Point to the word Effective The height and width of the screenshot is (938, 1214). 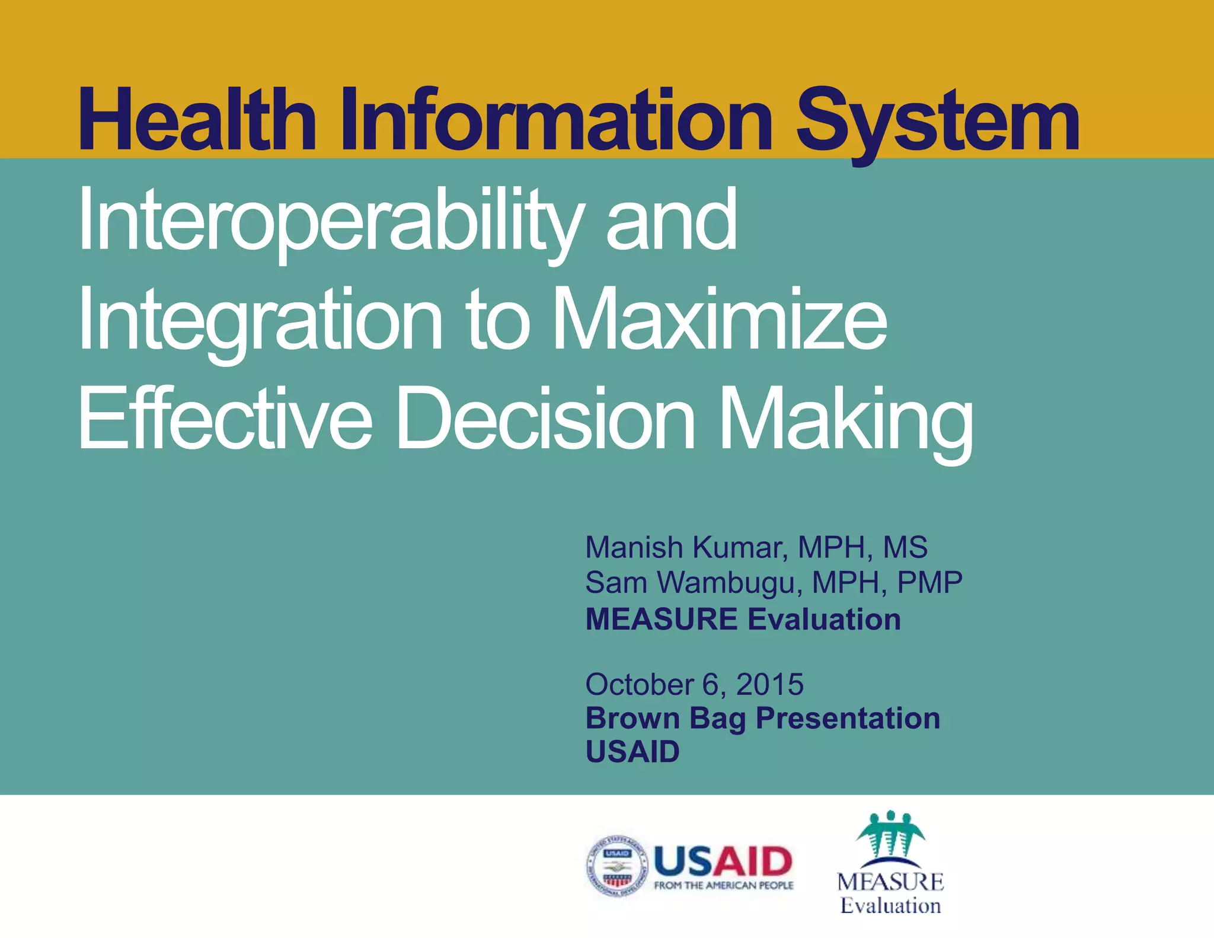pyautogui.click(x=225, y=418)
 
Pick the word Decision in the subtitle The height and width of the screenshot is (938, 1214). pyautogui.click(x=545, y=418)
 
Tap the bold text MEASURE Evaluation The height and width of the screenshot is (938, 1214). pyautogui.click(x=743, y=619)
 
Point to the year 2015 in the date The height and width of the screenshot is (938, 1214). pyautogui.click(x=769, y=685)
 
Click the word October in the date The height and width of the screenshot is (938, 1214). pyautogui.click(x=640, y=685)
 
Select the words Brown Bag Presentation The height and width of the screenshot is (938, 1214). pyautogui.click(x=762, y=718)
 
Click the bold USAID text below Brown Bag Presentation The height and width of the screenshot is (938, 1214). pyautogui.click(x=632, y=752)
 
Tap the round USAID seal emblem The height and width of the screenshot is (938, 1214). pyautogui.click(x=617, y=866)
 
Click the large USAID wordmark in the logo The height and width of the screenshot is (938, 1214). pyautogui.click(x=723, y=861)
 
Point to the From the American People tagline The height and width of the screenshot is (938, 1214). pyautogui.click(x=723, y=886)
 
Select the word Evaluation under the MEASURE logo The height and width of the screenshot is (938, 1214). pyautogui.click(x=890, y=906)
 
